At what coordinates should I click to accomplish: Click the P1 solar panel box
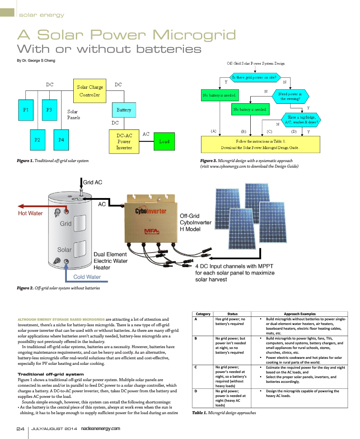pyautogui.click(x=26, y=110)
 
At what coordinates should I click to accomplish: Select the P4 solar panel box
pyautogui.click(x=61, y=140)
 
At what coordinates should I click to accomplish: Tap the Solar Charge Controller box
pyautogui.click(x=90, y=91)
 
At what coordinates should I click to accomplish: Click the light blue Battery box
pyautogui.click(x=124, y=110)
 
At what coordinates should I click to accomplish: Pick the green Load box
pyautogui.click(x=164, y=141)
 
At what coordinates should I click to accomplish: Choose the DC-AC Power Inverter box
pyautogui.click(x=124, y=141)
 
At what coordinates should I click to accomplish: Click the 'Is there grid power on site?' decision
pyautogui.click(x=255, y=77)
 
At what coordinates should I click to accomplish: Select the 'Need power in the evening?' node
pyautogui.click(x=290, y=96)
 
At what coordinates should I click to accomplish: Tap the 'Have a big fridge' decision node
pyautogui.click(x=301, y=120)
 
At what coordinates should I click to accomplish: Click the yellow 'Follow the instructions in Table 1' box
pyautogui.click(x=260, y=144)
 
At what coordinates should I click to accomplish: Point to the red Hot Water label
pyautogui.click(x=30, y=213)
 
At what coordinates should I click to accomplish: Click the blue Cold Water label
pyautogui.click(x=87, y=277)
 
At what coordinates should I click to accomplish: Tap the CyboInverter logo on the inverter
pyautogui.click(x=150, y=211)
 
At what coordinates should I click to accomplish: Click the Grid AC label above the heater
pyautogui.click(x=93, y=182)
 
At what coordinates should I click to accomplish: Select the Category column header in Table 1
pyautogui.click(x=203, y=314)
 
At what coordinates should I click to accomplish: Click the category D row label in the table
pyautogui.click(x=196, y=391)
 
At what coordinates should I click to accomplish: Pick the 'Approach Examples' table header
pyautogui.click(x=300, y=314)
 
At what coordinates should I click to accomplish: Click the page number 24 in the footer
pyautogui.click(x=21, y=429)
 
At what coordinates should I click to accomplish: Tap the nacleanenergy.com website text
pyautogui.click(x=100, y=429)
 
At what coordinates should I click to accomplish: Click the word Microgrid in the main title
pyautogui.click(x=194, y=35)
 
